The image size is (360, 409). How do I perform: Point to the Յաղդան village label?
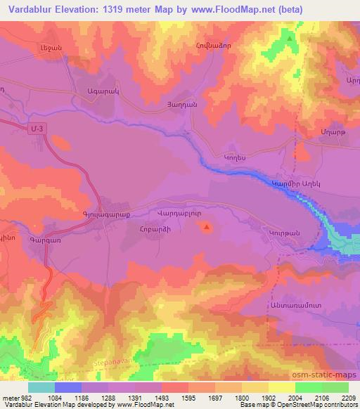click(192, 103)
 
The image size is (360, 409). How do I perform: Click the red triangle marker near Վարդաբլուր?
click(206, 226)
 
